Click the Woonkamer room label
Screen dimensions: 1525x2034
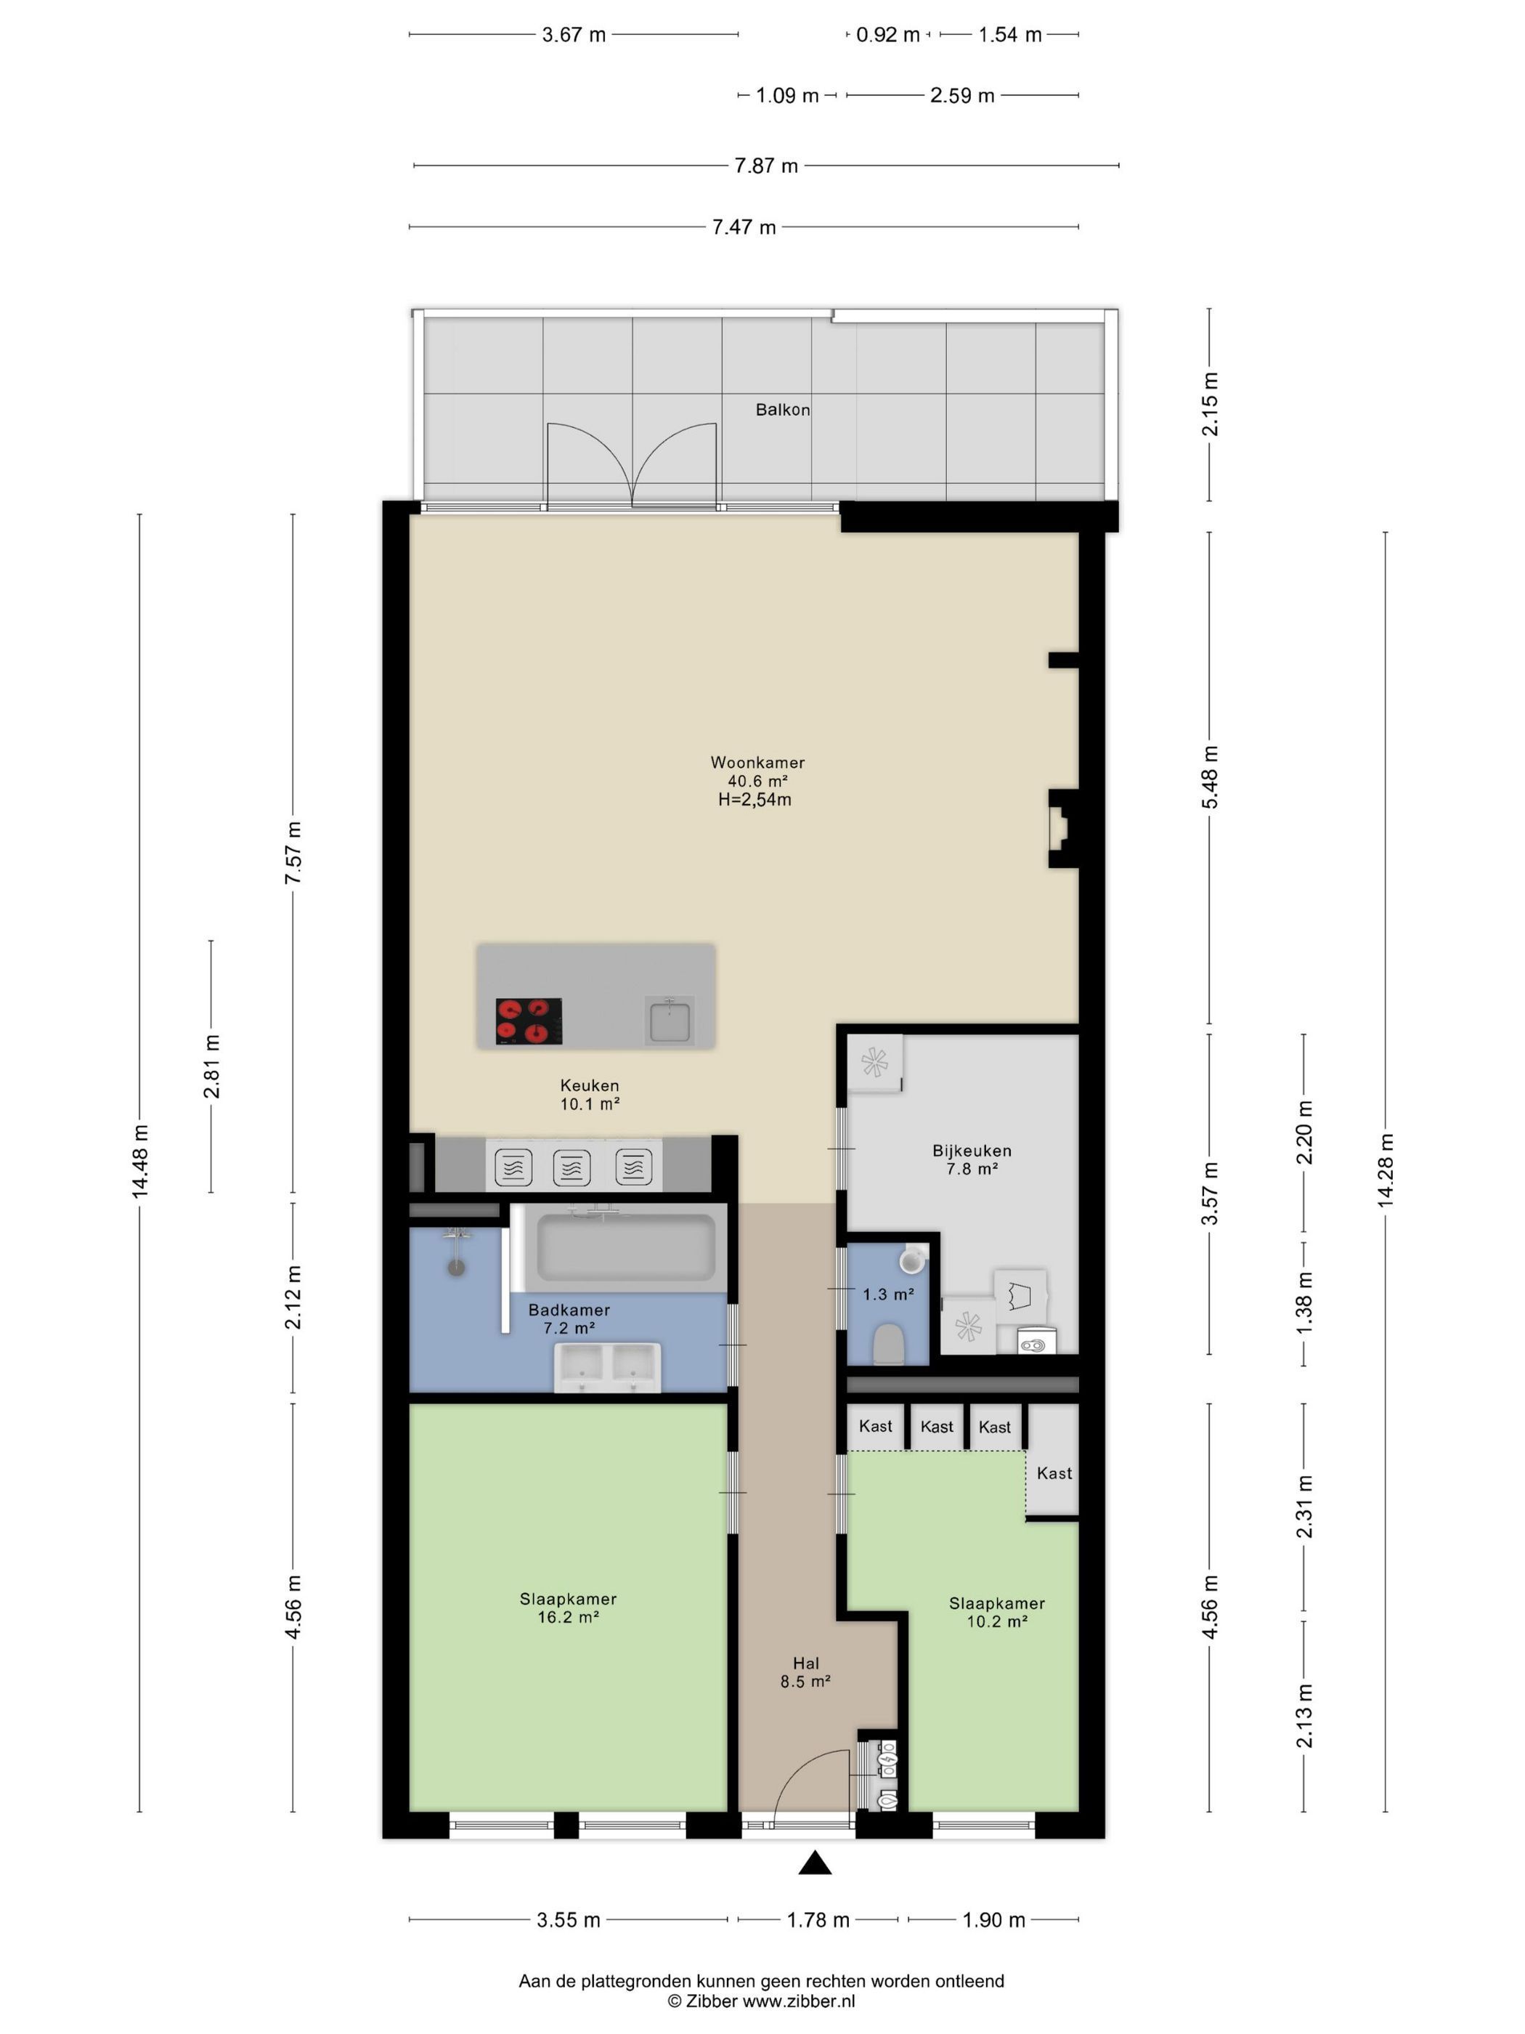click(x=757, y=762)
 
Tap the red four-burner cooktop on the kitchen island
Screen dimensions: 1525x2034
click(x=529, y=1021)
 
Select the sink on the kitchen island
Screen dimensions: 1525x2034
click(x=670, y=1021)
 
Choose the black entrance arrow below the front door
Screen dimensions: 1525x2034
click(x=815, y=1863)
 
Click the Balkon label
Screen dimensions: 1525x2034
click(x=782, y=410)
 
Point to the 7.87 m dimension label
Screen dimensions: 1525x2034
click(x=765, y=166)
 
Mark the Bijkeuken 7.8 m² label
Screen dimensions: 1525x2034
click(x=972, y=1159)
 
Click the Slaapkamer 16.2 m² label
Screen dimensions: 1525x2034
click(x=568, y=1608)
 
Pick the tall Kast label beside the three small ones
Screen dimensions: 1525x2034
click(x=1054, y=1473)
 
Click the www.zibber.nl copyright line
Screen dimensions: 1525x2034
click(x=761, y=2001)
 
